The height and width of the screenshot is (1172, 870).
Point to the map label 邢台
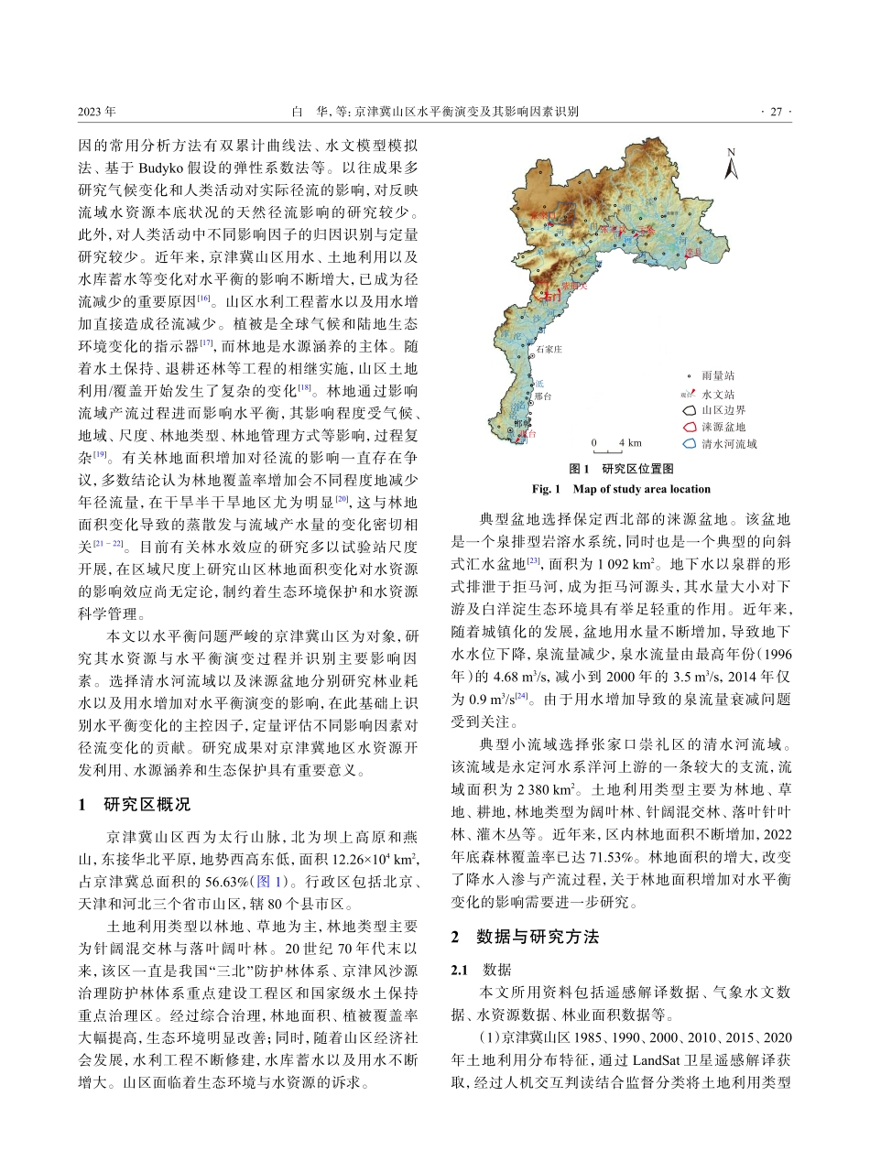click(543, 396)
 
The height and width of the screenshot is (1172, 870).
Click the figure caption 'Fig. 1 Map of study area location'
click(621, 489)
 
